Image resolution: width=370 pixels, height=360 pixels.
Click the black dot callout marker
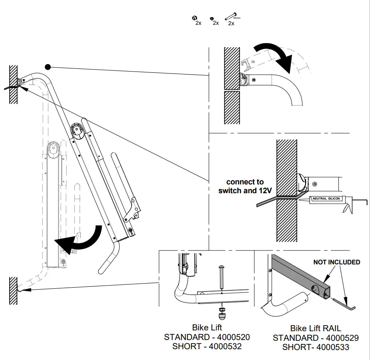tap(48, 66)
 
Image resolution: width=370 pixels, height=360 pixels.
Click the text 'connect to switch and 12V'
tap(245, 186)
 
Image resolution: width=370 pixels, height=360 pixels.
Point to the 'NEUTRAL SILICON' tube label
tap(326, 199)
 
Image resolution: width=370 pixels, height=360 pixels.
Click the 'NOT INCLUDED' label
tap(336, 262)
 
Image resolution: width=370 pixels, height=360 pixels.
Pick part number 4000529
tap(338, 338)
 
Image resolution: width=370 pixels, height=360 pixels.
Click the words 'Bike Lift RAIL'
tap(316, 328)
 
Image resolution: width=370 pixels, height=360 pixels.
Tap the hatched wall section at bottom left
tap(13, 290)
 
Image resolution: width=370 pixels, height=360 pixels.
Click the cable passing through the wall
tap(264, 202)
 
